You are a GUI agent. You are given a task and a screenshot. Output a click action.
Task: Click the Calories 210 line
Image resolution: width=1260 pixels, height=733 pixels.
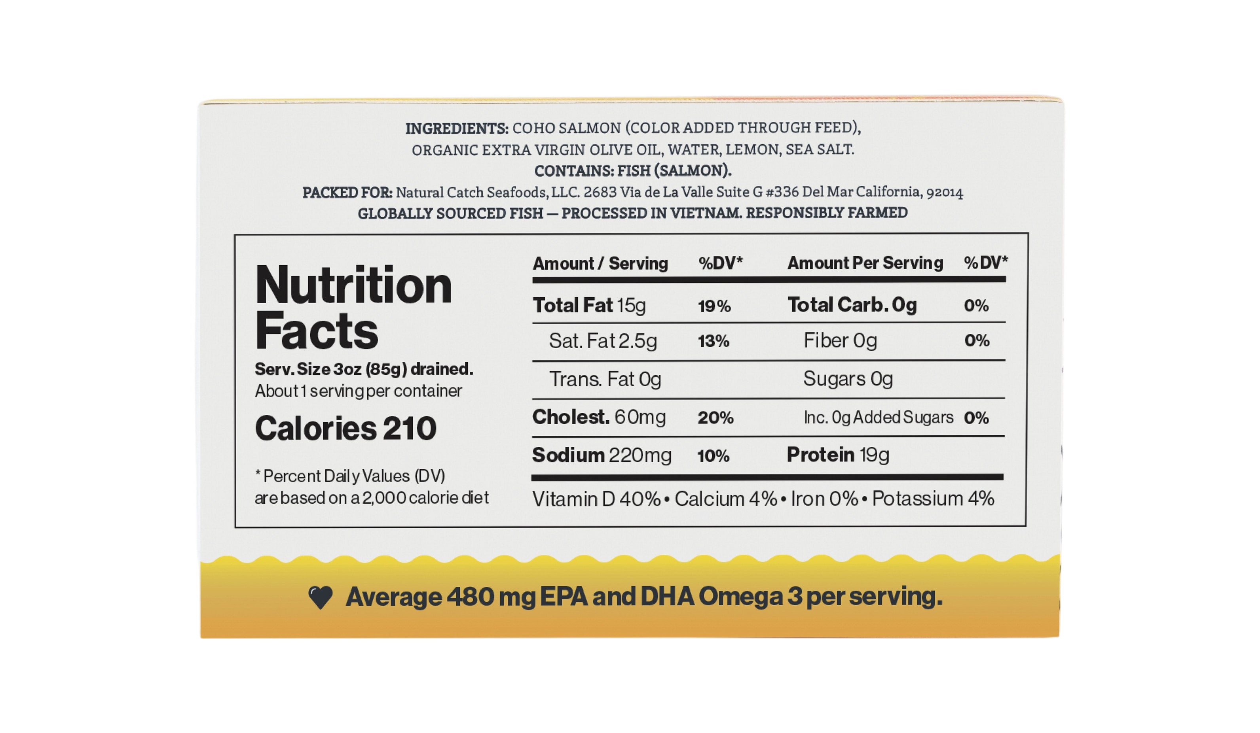tap(345, 428)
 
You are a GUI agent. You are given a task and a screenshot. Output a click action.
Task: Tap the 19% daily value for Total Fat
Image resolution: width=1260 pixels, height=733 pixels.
tap(715, 306)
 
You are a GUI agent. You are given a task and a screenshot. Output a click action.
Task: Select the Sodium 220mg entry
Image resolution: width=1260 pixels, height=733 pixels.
tap(602, 455)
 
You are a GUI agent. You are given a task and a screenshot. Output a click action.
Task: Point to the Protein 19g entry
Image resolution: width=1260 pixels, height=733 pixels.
tap(838, 455)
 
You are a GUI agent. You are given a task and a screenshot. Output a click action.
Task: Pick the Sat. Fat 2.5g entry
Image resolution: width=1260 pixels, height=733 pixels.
tap(603, 341)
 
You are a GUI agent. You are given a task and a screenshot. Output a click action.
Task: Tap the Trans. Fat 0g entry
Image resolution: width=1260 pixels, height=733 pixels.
tap(605, 379)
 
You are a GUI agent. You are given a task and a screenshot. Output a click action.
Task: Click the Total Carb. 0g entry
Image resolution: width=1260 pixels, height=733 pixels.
tap(852, 305)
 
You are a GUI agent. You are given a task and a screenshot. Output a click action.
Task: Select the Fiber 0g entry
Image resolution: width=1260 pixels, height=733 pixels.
tap(840, 341)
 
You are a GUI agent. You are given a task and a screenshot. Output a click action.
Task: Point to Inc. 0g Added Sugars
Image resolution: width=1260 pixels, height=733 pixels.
tap(879, 417)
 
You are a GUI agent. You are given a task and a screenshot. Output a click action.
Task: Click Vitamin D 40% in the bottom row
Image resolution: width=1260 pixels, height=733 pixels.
tap(596, 499)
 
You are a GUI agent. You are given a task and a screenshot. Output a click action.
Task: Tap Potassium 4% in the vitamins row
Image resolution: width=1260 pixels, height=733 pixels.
tap(933, 499)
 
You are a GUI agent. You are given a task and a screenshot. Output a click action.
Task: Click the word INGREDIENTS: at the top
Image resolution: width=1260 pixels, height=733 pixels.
tap(457, 128)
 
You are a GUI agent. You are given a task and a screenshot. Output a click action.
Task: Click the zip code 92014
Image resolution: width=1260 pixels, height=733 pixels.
tap(945, 193)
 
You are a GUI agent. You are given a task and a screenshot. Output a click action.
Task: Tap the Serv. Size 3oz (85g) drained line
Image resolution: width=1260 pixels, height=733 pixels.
tap(364, 369)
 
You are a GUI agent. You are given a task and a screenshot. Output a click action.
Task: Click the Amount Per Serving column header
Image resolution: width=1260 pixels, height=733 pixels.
tap(865, 263)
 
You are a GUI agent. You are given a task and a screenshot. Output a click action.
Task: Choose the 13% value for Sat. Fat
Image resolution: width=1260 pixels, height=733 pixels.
tap(713, 341)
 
